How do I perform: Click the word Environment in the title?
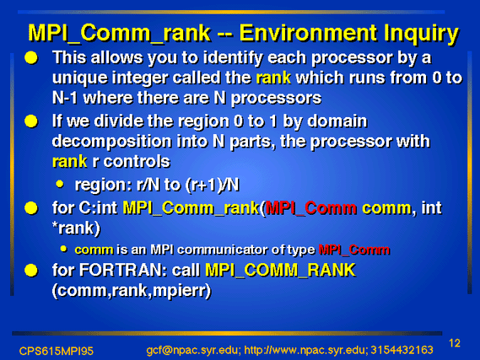pyautogui.click(x=308, y=33)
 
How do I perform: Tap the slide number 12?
pyautogui.click(x=455, y=343)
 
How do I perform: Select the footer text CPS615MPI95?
pyautogui.click(x=56, y=351)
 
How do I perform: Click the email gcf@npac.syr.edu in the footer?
pyautogui.click(x=193, y=351)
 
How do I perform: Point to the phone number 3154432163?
pyautogui.click(x=402, y=350)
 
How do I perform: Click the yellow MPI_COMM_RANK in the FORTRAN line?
pyautogui.click(x=280, y=271)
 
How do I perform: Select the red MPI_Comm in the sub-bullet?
pyautogui.click(x=354, y=250)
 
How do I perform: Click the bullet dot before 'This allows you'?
pyautogui.click(x=31, y=58)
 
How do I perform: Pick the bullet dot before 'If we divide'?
pyautogui.click(x=31, y=121)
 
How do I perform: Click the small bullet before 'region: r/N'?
pyautogui.click(x=60, y=184)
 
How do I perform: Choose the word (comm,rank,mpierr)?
pyautogui.click(x=132, y=291)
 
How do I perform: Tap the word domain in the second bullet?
pyautogui.click(x=337, y=121)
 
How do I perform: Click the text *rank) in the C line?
pyautogui.click(x=76, y=228)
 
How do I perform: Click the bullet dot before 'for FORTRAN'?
pyautogui.click(x=31, y=271)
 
